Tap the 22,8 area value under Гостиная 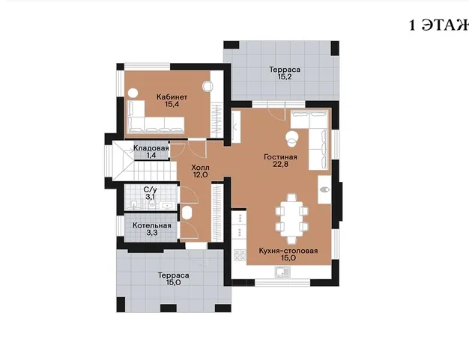tap(280, 164)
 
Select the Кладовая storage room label tap(151, 148)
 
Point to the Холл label tap(200, 168)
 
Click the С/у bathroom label tap(150, 189)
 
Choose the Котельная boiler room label tap(152, 225)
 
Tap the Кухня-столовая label tap(288, 251)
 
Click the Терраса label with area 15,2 tap(285, 70)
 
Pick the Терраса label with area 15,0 tap(174, 275)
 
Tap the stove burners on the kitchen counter tap(240, 255)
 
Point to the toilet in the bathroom tap(152, 204)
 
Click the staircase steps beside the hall tap(155, 171)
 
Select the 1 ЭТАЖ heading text tap(438, 25)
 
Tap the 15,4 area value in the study tap(172, 104)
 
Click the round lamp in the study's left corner tap(133, 94)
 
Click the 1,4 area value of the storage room tap(151, 156)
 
